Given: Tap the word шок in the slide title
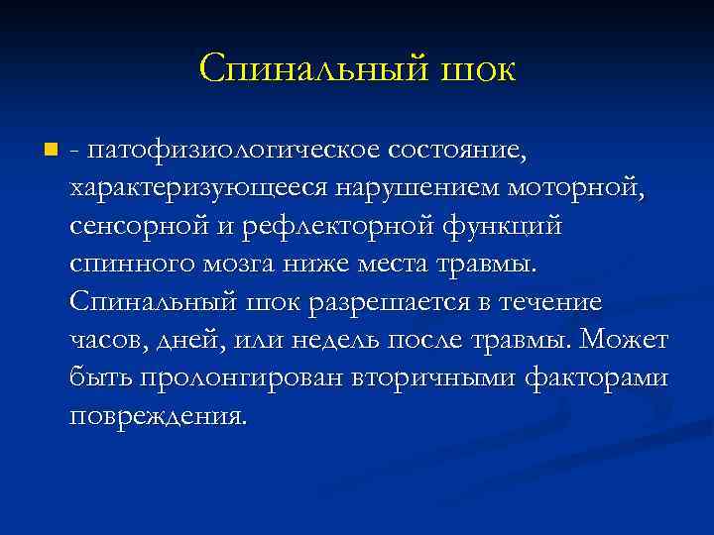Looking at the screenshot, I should pos(474,68).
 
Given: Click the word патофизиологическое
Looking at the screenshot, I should pos(227,152).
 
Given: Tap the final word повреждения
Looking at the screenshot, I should pos(157,415).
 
